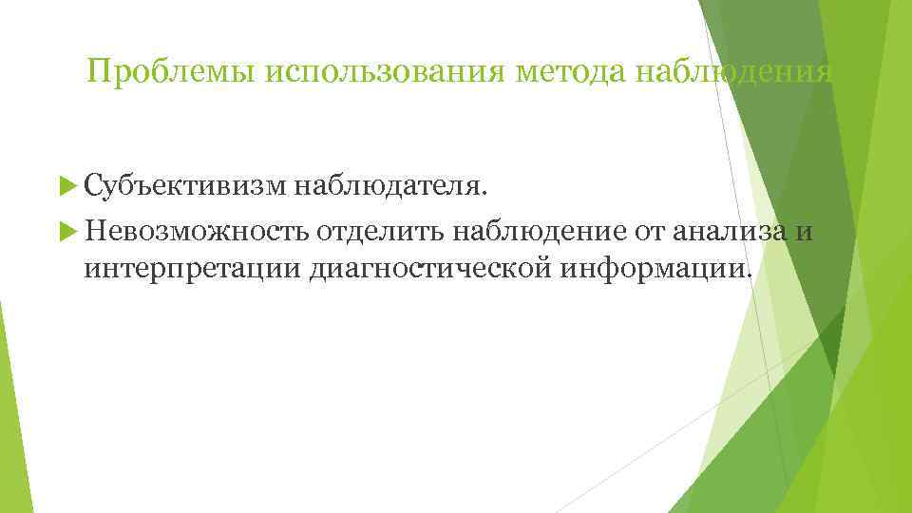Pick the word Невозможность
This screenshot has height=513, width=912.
click(196, 230)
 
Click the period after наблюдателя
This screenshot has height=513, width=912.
click(487, 195)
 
